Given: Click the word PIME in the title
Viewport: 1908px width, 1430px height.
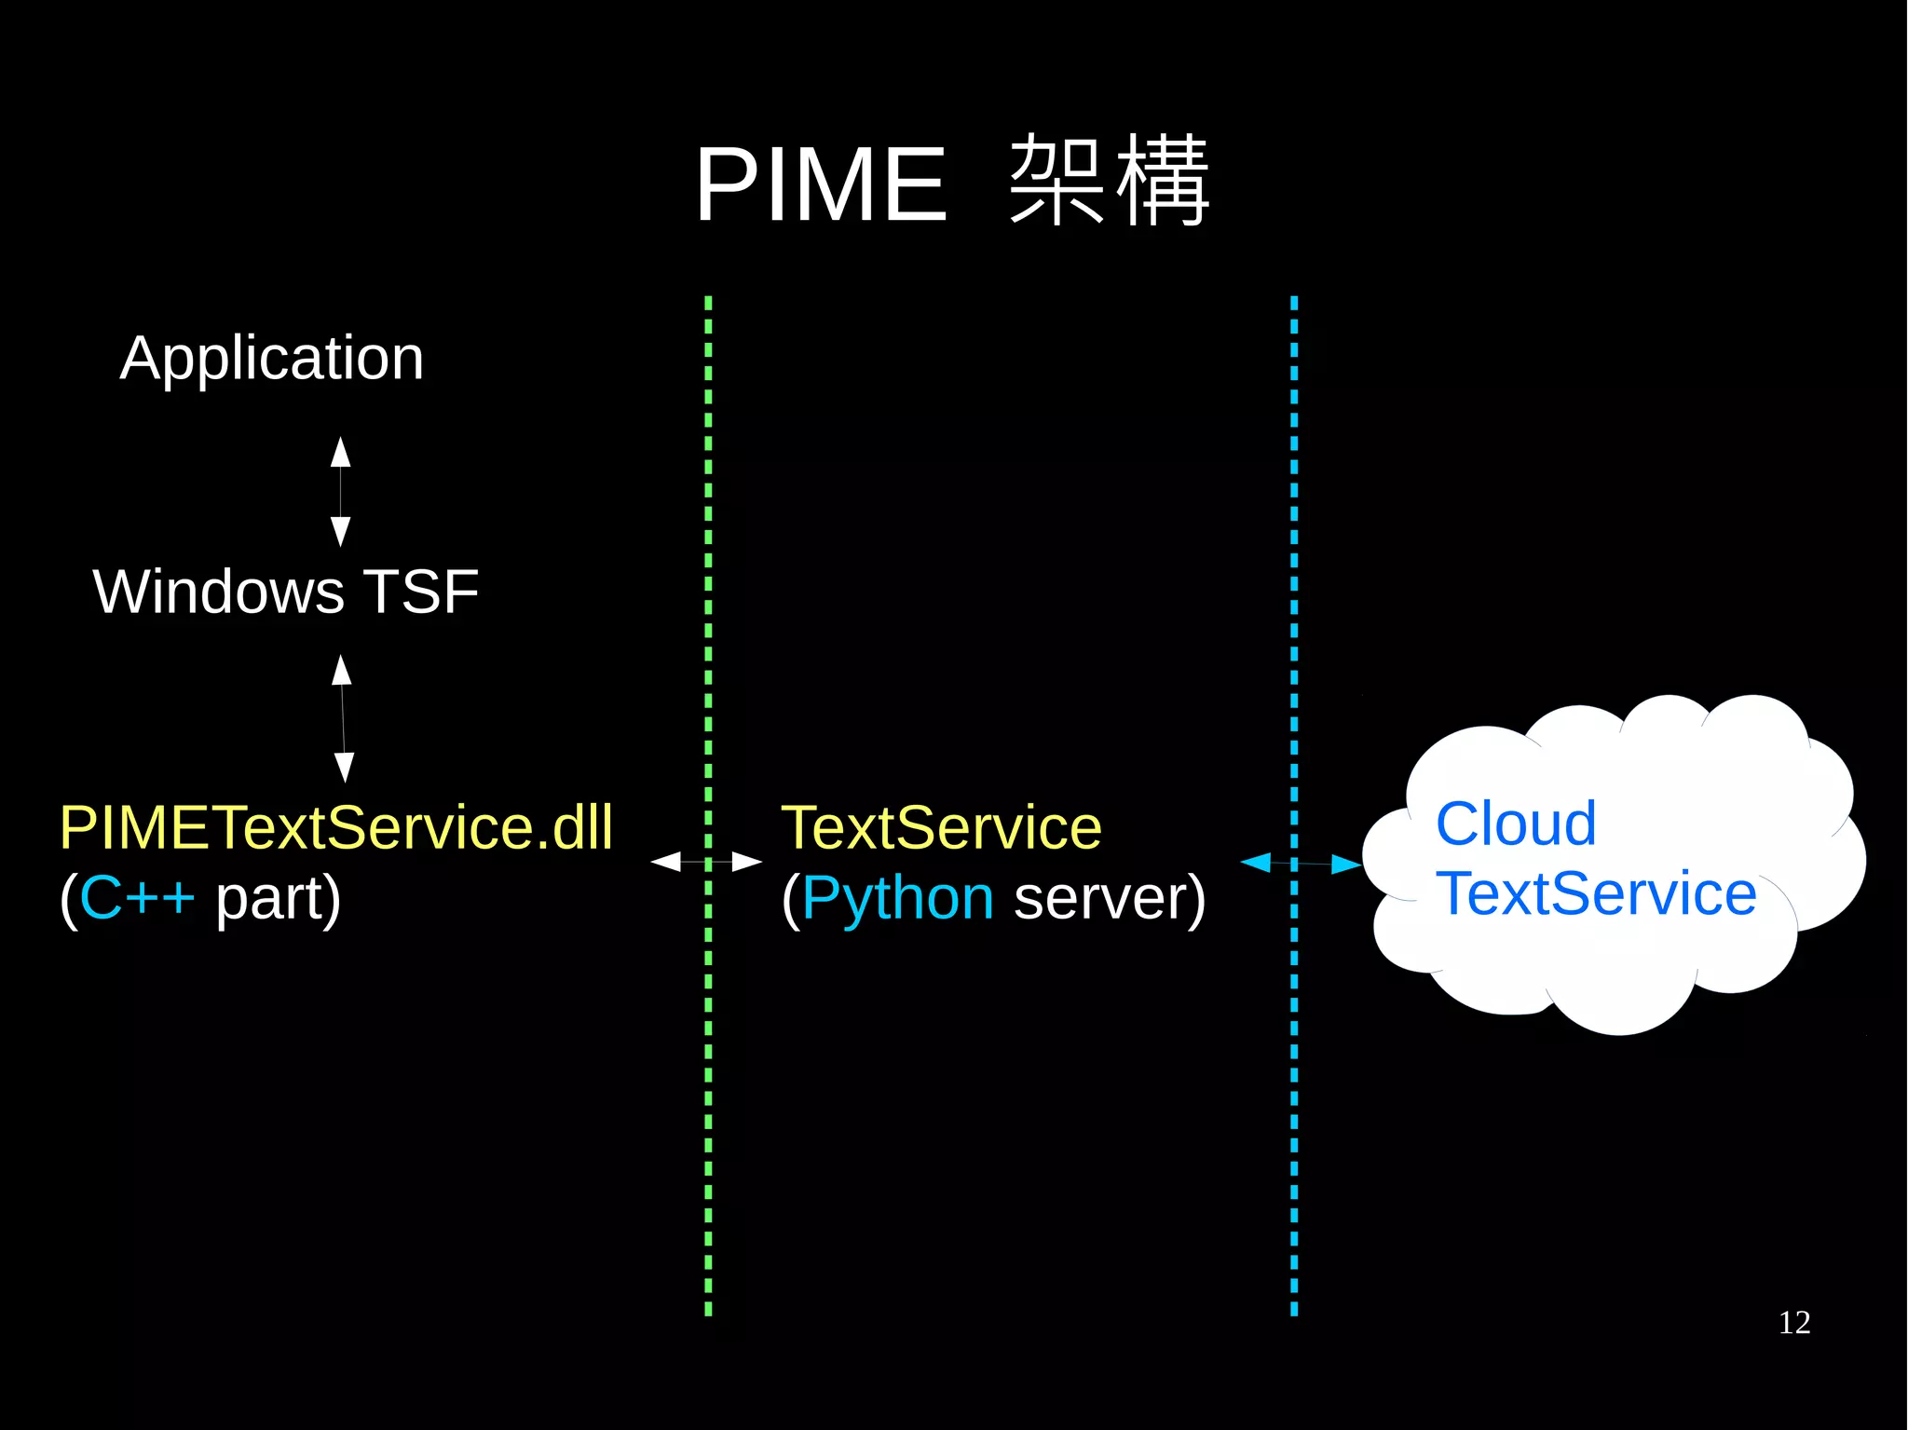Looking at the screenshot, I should (x=821, y=185).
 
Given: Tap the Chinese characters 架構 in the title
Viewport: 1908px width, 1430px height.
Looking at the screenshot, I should (x=1109, y=181).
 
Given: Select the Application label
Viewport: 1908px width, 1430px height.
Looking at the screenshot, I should (x=272, y=359).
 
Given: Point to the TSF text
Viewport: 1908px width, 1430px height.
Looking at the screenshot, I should (x=420, y=592).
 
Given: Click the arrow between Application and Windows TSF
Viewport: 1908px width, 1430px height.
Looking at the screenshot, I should (x=341, y=492).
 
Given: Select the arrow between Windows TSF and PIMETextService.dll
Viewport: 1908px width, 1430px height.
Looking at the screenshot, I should (x=343, y=718).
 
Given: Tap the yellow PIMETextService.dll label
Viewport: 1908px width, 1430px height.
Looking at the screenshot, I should (x=336, y=827).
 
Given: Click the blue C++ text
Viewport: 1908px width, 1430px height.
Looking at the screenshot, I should (x=137, y=898).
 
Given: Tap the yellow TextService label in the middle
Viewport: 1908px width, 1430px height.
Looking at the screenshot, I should (x=941, y=827).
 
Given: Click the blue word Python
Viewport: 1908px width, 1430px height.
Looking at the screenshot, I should (x=897, y=898).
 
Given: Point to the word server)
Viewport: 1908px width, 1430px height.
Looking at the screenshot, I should (x=1109, y=898).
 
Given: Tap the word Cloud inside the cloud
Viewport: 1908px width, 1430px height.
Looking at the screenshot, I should (x=1516, y=824).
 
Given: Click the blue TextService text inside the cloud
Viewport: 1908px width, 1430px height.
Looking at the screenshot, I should (x=1596, y=894).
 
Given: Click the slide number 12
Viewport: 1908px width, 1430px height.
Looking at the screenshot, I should (x=1793, y=1323).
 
